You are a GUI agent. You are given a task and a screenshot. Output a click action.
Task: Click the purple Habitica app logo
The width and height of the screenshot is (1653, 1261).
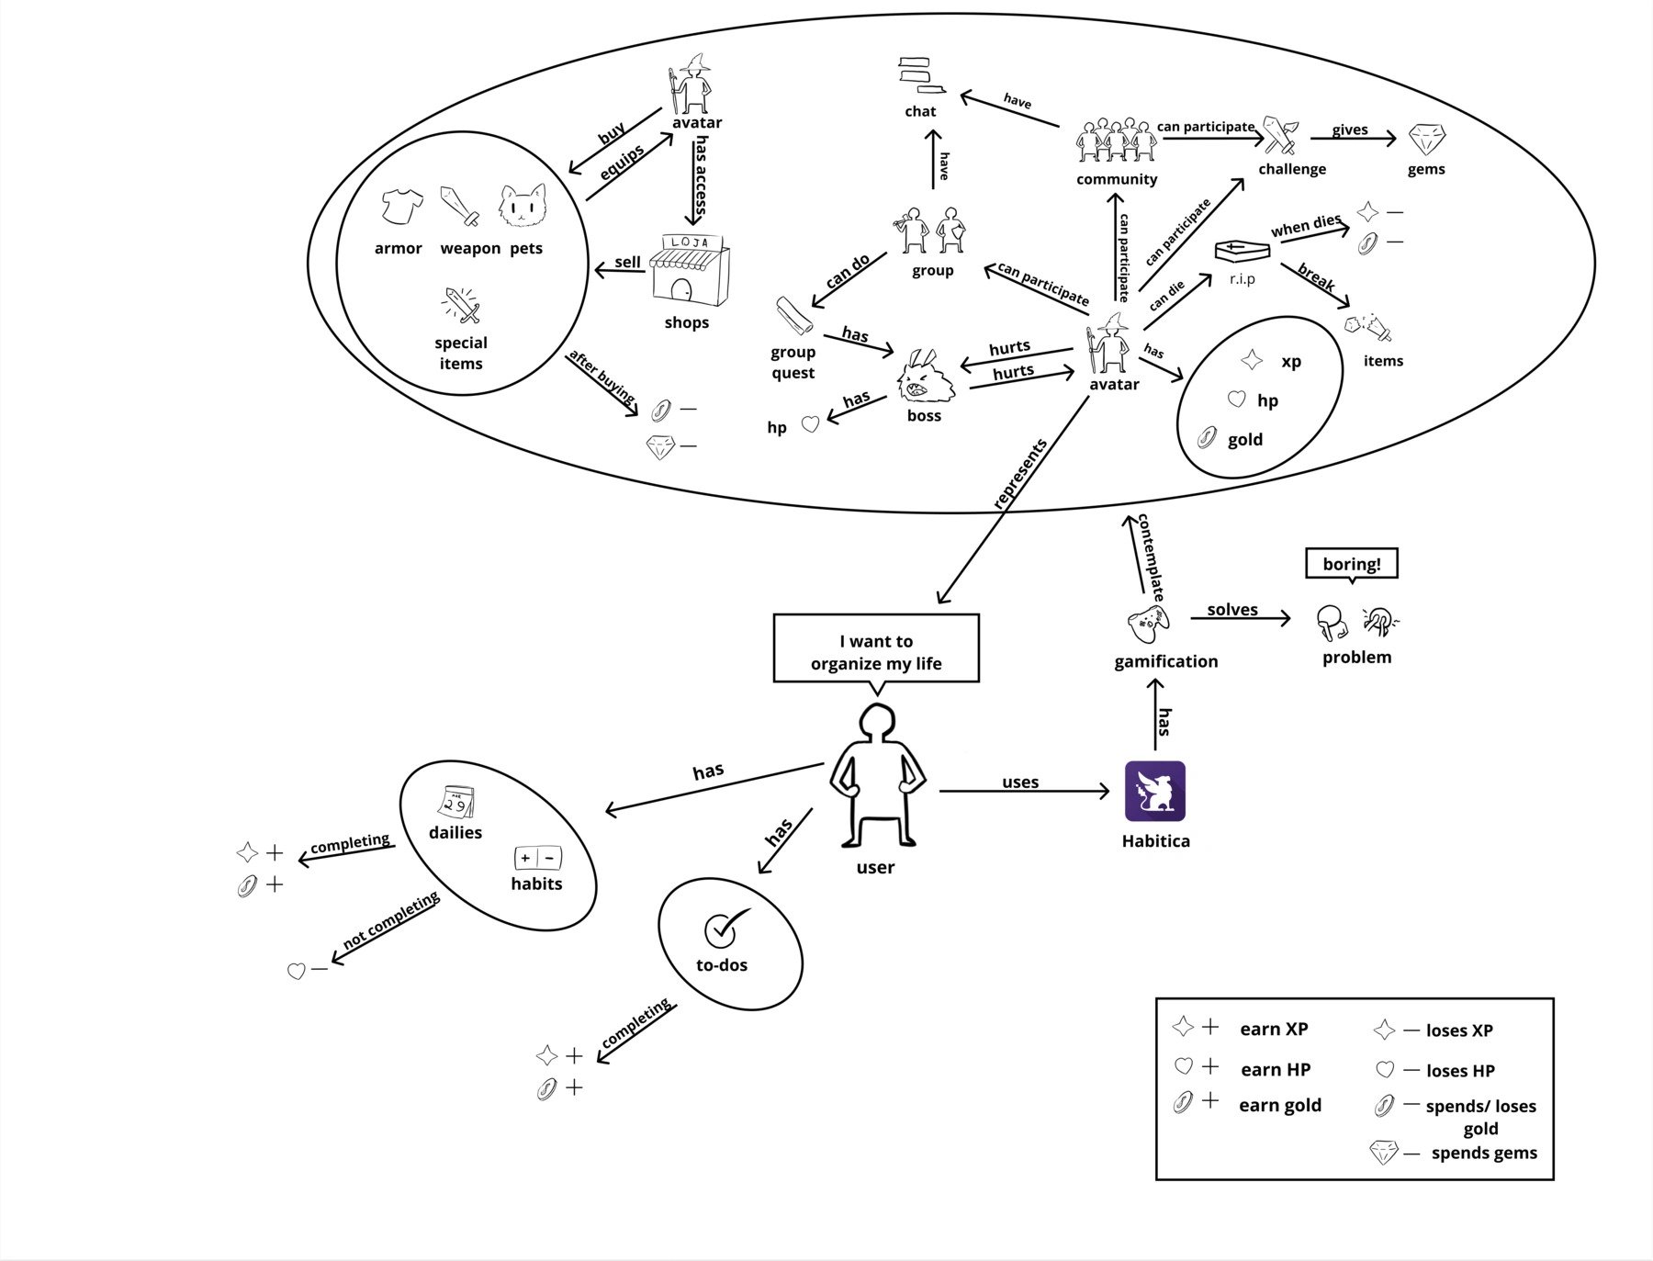[1155, 791]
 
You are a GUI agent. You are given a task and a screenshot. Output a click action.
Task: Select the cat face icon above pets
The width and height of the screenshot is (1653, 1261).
[523, 206]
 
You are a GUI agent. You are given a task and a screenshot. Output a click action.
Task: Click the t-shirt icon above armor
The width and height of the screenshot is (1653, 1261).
[402, 207]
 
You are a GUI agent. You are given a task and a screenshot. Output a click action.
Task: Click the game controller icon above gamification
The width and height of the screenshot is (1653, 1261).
[1149, 625]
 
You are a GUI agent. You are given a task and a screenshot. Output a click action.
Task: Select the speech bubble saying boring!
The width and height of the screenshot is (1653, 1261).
[1352, 565]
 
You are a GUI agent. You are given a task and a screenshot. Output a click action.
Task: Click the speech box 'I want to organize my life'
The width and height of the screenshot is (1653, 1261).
[876, 649]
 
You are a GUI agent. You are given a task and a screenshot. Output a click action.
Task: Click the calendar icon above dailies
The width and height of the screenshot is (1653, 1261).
[456, 802]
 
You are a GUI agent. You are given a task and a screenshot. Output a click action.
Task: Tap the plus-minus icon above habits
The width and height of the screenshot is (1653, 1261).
[537, 859]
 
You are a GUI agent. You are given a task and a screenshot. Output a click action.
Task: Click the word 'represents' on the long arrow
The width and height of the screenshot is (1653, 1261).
[1020, 474]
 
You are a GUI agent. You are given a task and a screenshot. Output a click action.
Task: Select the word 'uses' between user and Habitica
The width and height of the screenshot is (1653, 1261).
[1020, 782]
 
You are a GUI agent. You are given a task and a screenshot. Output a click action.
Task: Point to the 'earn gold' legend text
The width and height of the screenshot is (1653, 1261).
[1280, 1105]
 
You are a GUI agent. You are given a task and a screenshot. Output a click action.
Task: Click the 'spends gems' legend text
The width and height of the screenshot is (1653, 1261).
[1484, 1153]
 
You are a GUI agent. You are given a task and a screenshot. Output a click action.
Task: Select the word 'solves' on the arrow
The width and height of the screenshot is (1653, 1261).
[1232, 610]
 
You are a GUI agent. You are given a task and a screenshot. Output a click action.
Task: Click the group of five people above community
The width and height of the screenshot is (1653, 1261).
[1116, 140]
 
